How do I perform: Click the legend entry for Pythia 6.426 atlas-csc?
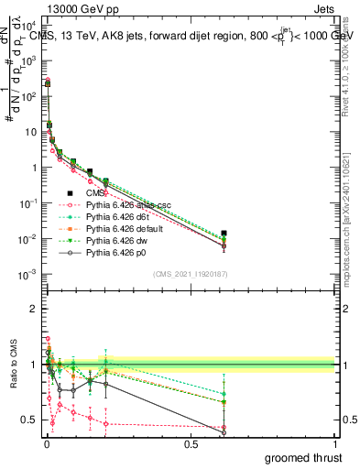(x=119, y=203)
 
